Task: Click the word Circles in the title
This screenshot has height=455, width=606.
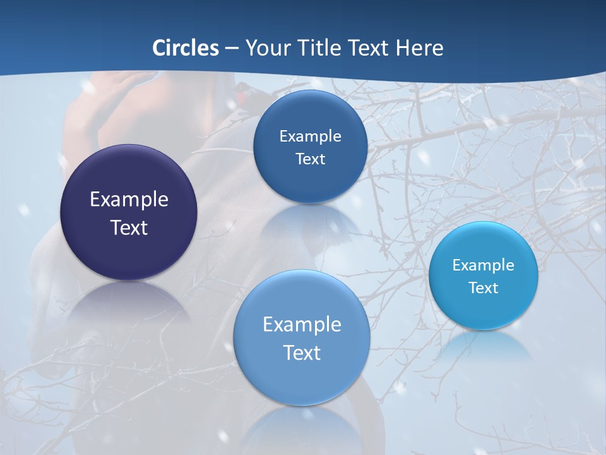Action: [186, 48]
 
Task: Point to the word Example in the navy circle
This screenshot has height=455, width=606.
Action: [129, 200]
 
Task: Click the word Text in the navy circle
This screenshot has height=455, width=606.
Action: [129, 227]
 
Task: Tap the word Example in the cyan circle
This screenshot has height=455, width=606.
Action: [484, 265]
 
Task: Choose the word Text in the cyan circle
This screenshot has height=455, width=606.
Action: [484, 288]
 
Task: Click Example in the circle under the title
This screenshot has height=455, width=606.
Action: [310, 136]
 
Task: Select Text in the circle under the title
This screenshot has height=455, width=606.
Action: [310, 159]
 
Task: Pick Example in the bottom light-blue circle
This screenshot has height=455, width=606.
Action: [302, 325]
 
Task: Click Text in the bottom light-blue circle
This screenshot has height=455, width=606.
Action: [302, 353]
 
